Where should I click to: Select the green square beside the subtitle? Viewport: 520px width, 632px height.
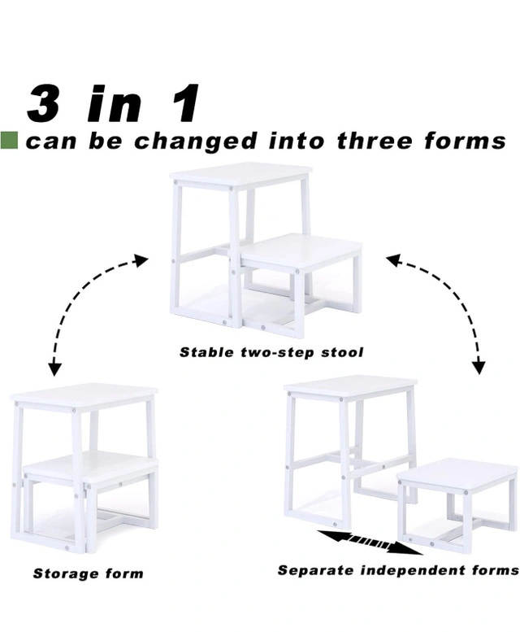tap(9, 141)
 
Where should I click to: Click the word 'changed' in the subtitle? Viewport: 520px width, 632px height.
tap(196, 142)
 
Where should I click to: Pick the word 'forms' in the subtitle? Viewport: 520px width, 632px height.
tap(465, 141)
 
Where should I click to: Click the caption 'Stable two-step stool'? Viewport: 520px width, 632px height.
tap(271, 352)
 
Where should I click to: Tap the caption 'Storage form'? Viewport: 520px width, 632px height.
tap(88, 573)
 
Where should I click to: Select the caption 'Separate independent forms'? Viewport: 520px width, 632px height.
tap(398, 570)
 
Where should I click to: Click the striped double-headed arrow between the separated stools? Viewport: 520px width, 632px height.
tap(370, 542)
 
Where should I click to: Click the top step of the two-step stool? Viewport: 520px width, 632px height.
tap(241, 174)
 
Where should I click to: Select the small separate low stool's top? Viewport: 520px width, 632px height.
tap(457, 472)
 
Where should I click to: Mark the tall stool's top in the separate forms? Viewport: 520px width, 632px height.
tap(350, 386)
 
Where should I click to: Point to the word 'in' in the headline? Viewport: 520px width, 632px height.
tap(115, 103)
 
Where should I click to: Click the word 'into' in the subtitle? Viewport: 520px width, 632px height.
tap(297, 141)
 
